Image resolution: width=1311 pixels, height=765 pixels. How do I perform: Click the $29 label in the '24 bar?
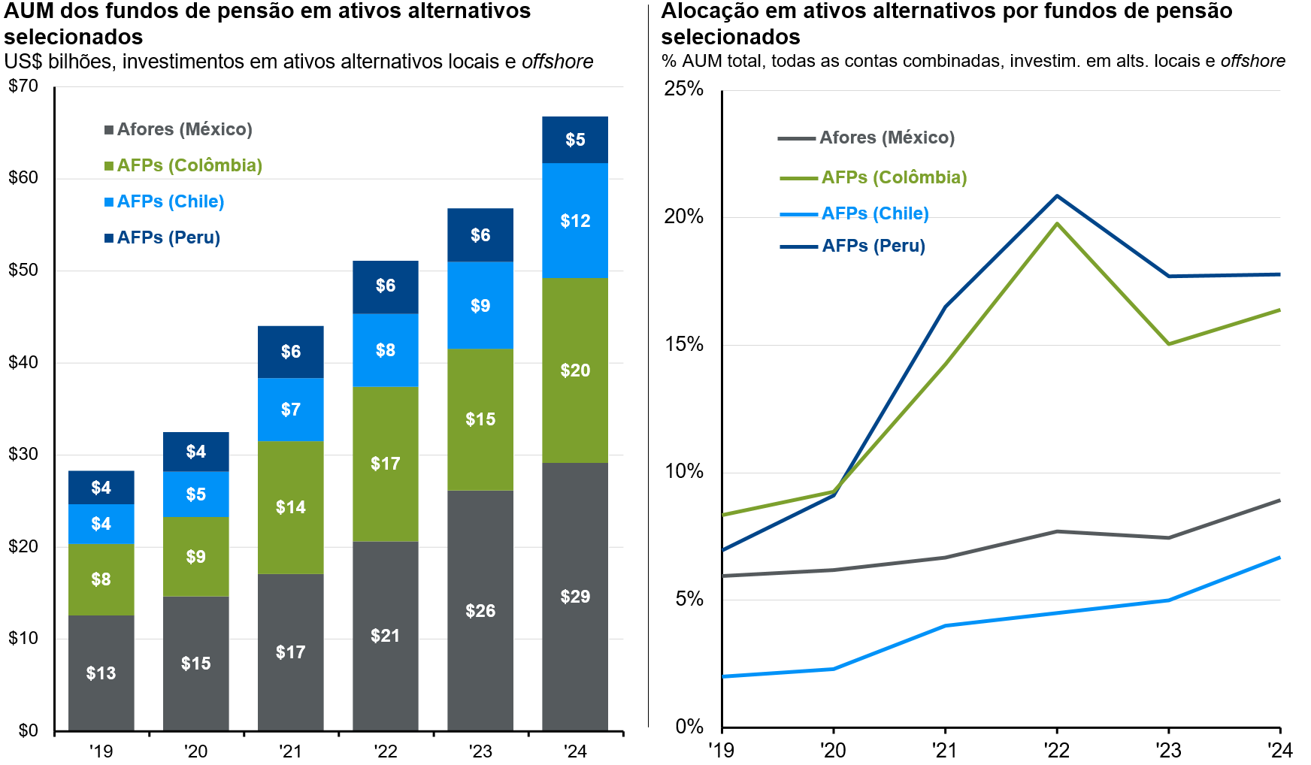tap(575, 597)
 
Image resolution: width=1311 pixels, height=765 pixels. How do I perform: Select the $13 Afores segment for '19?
tap(101, 673)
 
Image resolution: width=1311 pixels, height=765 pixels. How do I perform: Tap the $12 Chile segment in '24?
tap(575, 221)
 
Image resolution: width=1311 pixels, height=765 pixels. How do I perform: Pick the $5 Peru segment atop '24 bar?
tap(575, 140)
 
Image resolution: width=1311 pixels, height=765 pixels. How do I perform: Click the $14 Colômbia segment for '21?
tap(290, 507)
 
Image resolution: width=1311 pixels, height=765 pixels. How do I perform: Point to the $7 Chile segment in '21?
tap(290, 410)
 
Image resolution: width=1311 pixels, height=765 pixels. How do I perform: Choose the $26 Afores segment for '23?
tap(480, 610)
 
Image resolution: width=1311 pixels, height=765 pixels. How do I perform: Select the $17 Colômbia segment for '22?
tap(385, 464)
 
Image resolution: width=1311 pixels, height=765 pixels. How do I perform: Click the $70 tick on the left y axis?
tap(23, 86)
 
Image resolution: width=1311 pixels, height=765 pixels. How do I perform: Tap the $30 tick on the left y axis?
tap(23, 454)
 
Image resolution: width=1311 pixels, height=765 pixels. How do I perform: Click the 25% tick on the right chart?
tap(684, 89)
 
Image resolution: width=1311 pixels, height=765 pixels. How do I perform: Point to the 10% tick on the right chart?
tap(684, 472)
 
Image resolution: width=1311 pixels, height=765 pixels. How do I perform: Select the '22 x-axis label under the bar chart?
tap(386, 751)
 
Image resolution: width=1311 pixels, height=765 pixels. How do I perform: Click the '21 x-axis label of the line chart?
tap(944, 750)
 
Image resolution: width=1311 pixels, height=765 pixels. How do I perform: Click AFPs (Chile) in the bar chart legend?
tap(170, 201)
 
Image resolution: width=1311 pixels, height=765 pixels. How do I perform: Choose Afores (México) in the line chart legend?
tap(886, 138)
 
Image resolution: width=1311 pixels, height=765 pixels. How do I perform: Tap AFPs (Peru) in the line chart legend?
tap(873, 246)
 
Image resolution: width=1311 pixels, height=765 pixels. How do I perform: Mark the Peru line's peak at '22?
tap(1057, 196)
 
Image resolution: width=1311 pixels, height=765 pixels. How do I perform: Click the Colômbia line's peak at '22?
tap(1057, 224)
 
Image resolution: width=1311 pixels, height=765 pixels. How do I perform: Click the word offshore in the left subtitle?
tap(557, 62)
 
